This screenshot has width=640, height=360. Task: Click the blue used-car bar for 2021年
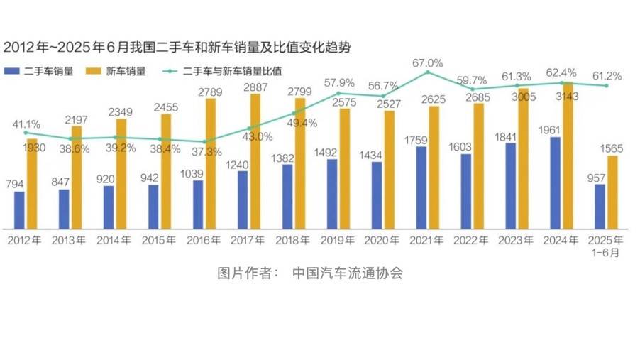click(x=421, y=187)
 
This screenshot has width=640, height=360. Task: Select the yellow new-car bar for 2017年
click(x=255, y=161)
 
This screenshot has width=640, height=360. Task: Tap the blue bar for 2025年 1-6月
click(x=600, y=206)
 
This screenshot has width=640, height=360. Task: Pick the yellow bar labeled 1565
click(x=612, y=192)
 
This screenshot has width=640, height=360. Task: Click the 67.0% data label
click(x=427, y=62)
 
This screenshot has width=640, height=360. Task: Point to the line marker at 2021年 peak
click(x=428, y=72)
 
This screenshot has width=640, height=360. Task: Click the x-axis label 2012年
click(x=24, y=241)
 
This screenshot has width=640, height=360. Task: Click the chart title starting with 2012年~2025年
click(x=177, y=48)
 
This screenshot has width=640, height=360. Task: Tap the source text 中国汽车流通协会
click(x=347, y=273)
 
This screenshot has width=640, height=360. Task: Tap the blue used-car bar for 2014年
click(x=109, y=207)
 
